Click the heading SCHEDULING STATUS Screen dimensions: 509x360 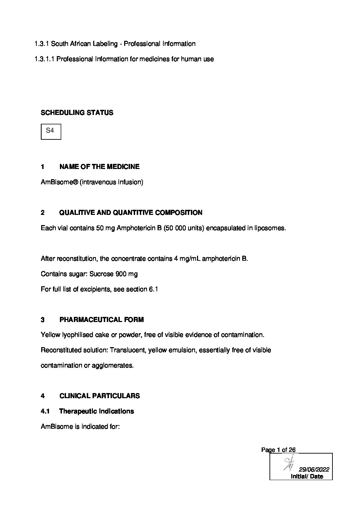pos(77,113)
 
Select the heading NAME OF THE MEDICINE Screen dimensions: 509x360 pos(99,167)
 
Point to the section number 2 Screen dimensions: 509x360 pos(43,213)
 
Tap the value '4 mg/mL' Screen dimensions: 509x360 pos(186,259)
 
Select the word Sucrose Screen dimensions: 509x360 pos(101,274)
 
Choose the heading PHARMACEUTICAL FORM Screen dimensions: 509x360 pos(101,320)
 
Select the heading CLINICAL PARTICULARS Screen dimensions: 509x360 pos(99,396)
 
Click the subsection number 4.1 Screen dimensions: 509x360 pos(45,411)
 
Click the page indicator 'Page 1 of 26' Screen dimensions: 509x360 pos(278,450)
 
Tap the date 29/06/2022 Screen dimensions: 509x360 pos(314,470)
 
